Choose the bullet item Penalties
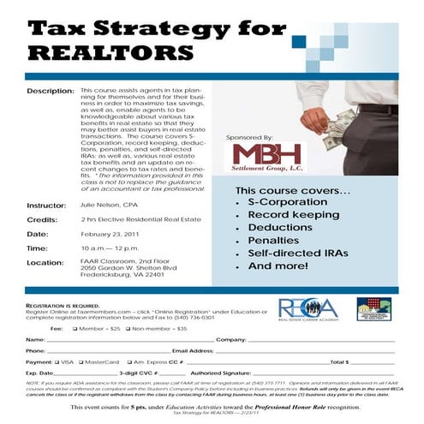(273, 241)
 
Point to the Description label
(50, 90)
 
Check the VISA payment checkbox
(59, 362)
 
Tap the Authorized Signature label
(221, 373)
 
